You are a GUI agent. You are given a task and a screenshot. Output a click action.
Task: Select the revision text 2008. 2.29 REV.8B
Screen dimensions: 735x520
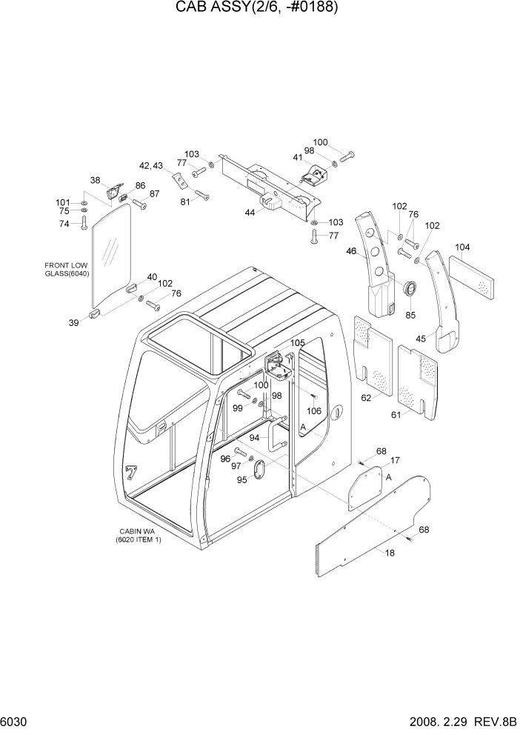pyautogui.click(x=459, y=722)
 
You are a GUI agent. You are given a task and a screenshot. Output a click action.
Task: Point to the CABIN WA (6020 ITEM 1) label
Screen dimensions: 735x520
pyautogui.click(x=138, y=536)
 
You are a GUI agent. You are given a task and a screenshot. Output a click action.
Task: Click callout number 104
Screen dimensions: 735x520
pyautogui.click(x=461, y=247)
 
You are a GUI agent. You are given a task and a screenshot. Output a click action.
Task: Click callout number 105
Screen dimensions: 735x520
pyautogui.click(x=297, y=343)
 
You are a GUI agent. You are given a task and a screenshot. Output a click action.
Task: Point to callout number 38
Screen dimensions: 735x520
pyautogui.click(x=96, y=180)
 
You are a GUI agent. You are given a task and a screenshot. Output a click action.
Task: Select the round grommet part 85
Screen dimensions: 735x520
pyautogui.click(x=408, y=287)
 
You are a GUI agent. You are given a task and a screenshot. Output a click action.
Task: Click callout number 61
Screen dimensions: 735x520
pyautogui.click(x=396, y=414)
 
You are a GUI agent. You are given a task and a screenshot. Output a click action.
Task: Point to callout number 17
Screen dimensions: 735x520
pyautogui.click(x=396, y=460)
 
